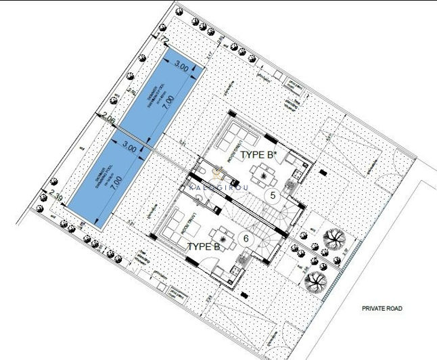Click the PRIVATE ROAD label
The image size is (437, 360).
click(382, 308)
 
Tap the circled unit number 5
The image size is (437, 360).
click(273, 196)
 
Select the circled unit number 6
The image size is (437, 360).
click(246, 238)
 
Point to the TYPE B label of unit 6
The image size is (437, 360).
click(203, 247)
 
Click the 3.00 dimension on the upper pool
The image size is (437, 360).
click(181, 66)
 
